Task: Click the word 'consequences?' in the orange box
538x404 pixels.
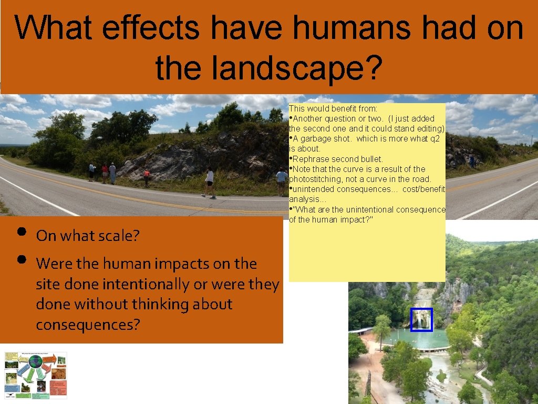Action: tap(88, 325)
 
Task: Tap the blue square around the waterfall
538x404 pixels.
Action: tap(421, 320)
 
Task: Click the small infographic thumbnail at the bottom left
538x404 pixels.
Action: tap(36, 375)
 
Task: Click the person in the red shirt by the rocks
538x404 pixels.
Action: tap(147, 177)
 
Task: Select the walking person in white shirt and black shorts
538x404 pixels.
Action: tap(210, 182)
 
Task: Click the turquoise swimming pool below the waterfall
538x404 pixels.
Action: tap(420, 339)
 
